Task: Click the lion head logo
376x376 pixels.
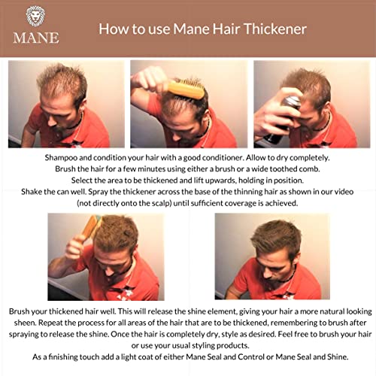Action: (x=35, y=17)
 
